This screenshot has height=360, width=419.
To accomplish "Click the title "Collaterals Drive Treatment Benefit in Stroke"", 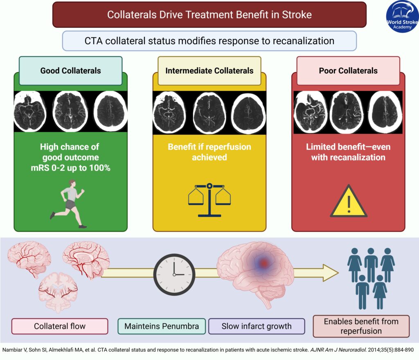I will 209,15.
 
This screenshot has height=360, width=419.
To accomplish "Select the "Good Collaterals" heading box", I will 70,70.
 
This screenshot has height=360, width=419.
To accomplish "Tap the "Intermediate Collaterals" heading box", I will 209,70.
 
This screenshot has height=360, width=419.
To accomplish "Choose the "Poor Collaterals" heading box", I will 348,70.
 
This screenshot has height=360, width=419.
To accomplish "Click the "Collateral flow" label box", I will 60,326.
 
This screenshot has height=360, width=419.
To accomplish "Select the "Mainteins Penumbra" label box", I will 161,326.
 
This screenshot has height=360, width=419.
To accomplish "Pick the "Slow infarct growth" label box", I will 257,326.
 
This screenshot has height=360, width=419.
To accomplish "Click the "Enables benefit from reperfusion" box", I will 361,326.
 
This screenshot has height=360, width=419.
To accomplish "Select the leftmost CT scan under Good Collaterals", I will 29,111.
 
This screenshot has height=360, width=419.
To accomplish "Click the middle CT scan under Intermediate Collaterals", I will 209,111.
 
